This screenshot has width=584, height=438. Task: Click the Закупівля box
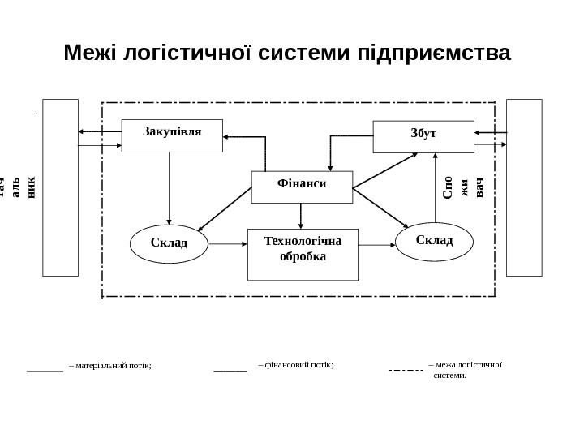tap(172, 135)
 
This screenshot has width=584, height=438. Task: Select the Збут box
tap(423, 136)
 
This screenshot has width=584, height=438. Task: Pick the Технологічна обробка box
tap(303, 253)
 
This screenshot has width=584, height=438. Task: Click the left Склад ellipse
tap(169, 244)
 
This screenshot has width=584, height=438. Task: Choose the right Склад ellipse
tap(434, 242)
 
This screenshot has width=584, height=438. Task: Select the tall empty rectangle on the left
tap(61, 187)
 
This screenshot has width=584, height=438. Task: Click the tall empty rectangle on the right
tap(523, 187)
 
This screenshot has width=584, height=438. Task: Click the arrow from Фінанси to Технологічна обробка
tap(301, 216)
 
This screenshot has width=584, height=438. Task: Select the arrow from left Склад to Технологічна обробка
tap(227, 243)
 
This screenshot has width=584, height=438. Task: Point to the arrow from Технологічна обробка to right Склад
tap(376, 243)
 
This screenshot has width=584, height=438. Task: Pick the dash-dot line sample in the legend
tap(406, 371)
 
